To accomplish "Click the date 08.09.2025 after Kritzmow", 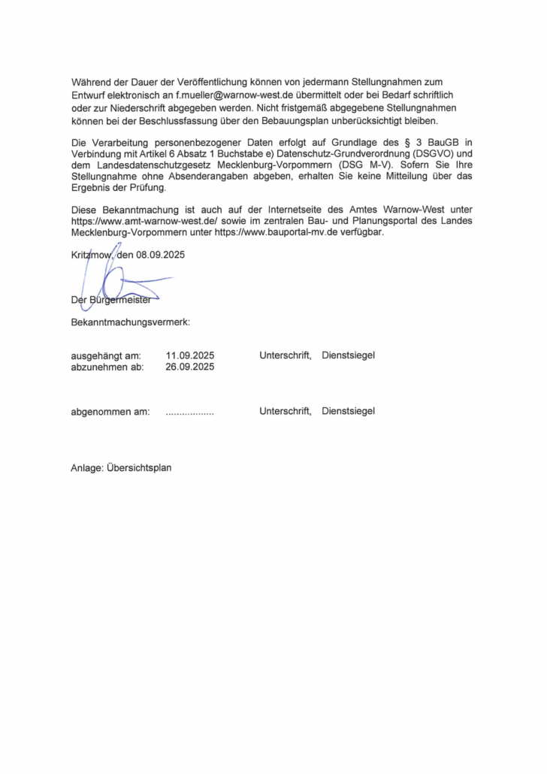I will point(161,255).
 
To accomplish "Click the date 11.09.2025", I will point(190,355).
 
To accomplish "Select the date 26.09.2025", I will point(190,367).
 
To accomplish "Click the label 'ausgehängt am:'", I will point(106,355).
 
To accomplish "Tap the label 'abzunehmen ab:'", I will point(107,367).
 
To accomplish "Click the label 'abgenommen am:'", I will point(110,411).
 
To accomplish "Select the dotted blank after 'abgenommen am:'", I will point(189,413).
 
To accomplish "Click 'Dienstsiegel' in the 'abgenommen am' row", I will point(348,411).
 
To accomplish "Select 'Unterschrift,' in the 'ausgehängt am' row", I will point(286,355).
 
